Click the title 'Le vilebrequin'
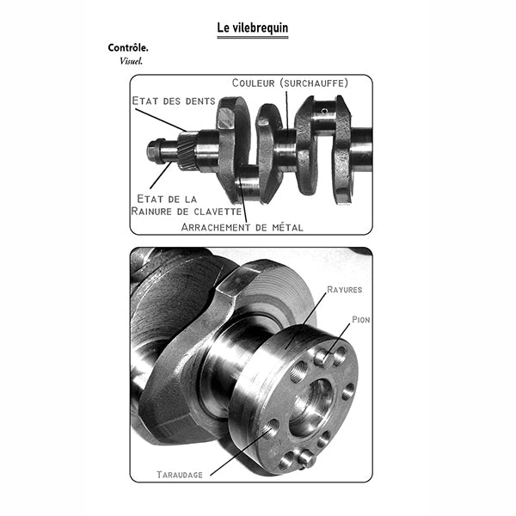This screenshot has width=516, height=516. click(x=252, y=28)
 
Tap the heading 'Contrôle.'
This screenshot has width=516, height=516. click(x=128, y=47)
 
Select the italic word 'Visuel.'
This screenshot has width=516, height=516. click(x=131, y=61)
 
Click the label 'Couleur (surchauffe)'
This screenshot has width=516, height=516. click(x=290, y=83)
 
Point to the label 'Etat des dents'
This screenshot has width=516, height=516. click(x=174, y=101)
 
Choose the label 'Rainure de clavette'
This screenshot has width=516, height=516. click(x=187, y=211)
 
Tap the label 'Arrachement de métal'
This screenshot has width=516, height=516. click(x=242, y=227)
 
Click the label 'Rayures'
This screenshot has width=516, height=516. click(x=344, y=290)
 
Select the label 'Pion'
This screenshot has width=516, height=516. click(x=360, y=320)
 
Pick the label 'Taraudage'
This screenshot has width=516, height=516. click(x=180, y=475)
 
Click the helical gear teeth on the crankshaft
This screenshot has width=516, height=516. click(x=187, y=150)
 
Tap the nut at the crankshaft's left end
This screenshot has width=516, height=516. click(x=153, y=151)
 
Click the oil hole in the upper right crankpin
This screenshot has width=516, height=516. click(x=325, y=111)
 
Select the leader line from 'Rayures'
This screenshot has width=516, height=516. click(x=306, y=320)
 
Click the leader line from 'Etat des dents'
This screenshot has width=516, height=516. click(x=162, y=120)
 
